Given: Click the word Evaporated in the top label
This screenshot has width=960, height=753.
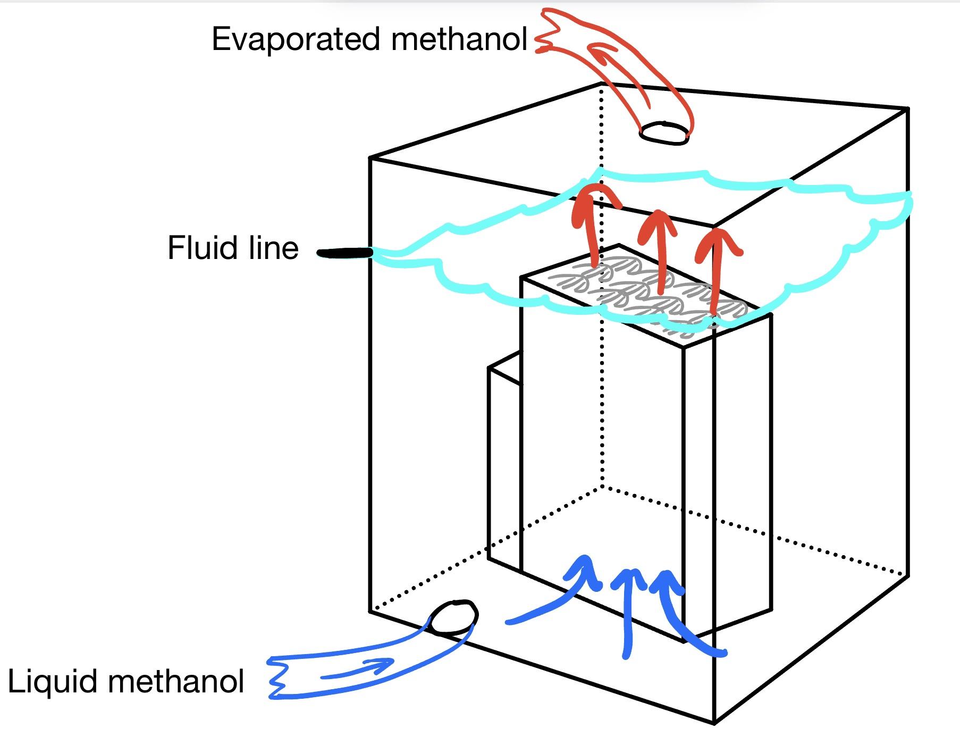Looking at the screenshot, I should click(x=298, y=40).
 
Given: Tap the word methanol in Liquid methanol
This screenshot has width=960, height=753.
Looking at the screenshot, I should click(x=176, y=681).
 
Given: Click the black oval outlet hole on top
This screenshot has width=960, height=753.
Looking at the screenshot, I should click(x=664, y=132).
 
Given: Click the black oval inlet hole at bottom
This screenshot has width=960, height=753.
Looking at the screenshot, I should click(x=453, y=617).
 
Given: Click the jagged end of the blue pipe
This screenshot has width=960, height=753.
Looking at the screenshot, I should click(x=276, y=678).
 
